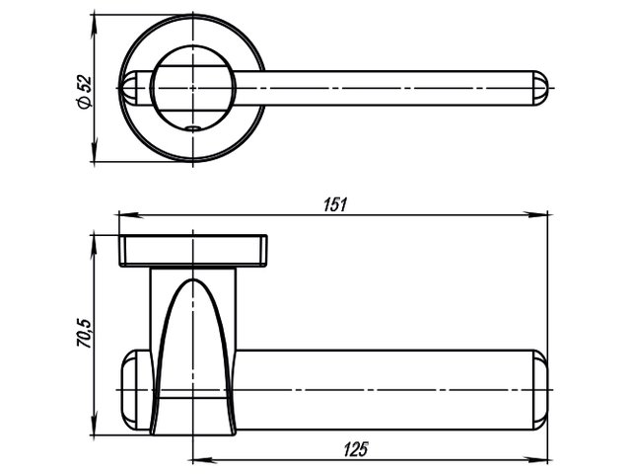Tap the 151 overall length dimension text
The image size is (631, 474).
coord(335,204)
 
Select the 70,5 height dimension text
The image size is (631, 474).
coord(86,334)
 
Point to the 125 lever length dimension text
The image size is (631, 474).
coord(356,449)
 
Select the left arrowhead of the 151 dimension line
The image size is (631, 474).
coord(123,213)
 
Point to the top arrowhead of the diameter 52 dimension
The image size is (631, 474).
coord(96,20)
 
